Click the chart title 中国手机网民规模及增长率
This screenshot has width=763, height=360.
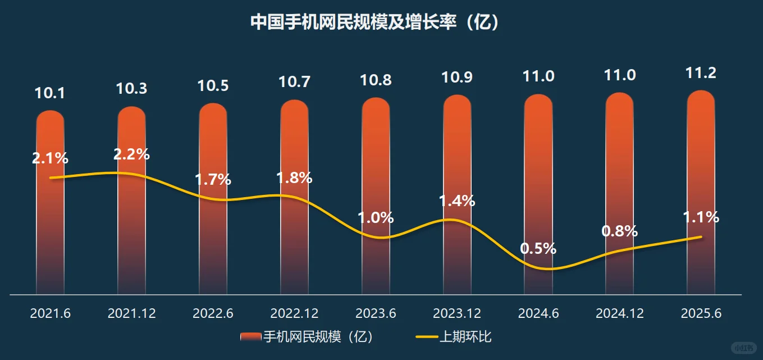(x=374, y=22)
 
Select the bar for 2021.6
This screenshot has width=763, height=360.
(x=51, y=225)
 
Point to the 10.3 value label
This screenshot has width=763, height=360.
(x=131, y=89)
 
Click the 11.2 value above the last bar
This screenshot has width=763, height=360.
(x=701, y=73)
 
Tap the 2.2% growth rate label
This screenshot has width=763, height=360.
(x=131, y=154)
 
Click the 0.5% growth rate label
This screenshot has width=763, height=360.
(x=538, y=248)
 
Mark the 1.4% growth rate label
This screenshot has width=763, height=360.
(x=457, y=200)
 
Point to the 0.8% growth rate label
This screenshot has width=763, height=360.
(x=619, y=231)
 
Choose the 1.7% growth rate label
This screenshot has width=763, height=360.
(x=213, y=180)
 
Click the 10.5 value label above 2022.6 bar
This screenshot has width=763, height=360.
(x=213, y=86)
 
